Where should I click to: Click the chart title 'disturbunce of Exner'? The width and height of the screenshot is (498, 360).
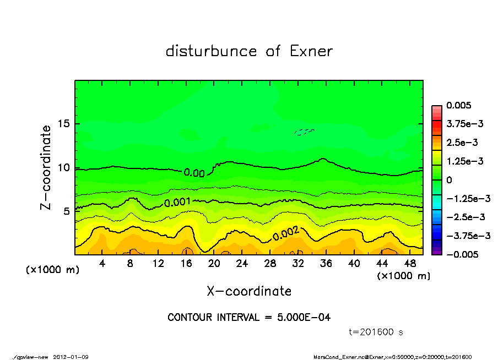tap(249, 51)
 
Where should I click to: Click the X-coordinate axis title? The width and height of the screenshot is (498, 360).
tap(249, 291)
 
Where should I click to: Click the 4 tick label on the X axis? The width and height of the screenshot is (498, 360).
tap(102, 264)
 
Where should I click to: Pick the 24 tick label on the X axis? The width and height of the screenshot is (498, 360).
tap(242, 264)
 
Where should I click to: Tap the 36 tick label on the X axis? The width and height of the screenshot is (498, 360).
tap(326, 264)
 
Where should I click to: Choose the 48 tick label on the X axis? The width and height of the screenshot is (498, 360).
tap(409, 264)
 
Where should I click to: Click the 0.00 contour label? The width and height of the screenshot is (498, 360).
tap(194, 173)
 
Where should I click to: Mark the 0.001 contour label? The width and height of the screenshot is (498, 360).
tap(177, 203)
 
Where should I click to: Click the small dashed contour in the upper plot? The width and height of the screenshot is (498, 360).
tap(304, 132)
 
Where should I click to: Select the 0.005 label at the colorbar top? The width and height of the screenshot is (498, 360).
tap(459, 105)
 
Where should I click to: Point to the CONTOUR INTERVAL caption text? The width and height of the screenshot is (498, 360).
tap(249, 318)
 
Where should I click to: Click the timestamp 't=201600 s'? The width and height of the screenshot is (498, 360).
tap(377, 332)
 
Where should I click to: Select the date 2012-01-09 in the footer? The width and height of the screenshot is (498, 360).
tap(71, 357)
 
